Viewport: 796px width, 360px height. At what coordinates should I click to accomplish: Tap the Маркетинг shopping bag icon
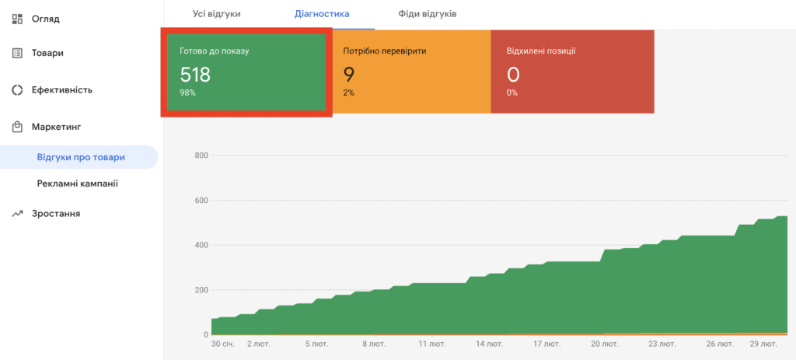(17, 127)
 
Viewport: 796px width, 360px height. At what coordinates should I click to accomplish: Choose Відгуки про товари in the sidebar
(81, 157)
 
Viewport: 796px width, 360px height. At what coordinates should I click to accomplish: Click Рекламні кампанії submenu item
(78, 183)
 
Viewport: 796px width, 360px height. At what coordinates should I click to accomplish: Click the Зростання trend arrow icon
(17, 214)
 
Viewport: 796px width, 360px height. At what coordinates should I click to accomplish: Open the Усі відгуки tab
(217, 14)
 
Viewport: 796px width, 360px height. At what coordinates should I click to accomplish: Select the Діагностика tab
(322, 14)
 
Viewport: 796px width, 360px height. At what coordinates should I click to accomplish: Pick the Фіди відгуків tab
(428, 14)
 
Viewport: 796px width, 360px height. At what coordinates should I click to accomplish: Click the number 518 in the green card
(195, 75)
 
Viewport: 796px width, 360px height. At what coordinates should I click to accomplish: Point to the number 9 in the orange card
(349, 75)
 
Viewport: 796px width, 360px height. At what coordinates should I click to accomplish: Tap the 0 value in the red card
(513, 75)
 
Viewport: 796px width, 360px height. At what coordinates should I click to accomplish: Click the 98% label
(188, 93)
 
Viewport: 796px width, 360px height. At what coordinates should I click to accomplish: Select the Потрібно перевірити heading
(385, 51)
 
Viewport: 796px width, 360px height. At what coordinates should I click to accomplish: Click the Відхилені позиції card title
(541, 51)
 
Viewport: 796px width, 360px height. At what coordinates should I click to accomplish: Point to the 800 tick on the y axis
(201, 156)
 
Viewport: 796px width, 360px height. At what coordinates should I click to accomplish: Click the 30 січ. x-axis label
(223, 344)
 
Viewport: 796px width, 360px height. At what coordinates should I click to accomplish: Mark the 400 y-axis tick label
(201, 245)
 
